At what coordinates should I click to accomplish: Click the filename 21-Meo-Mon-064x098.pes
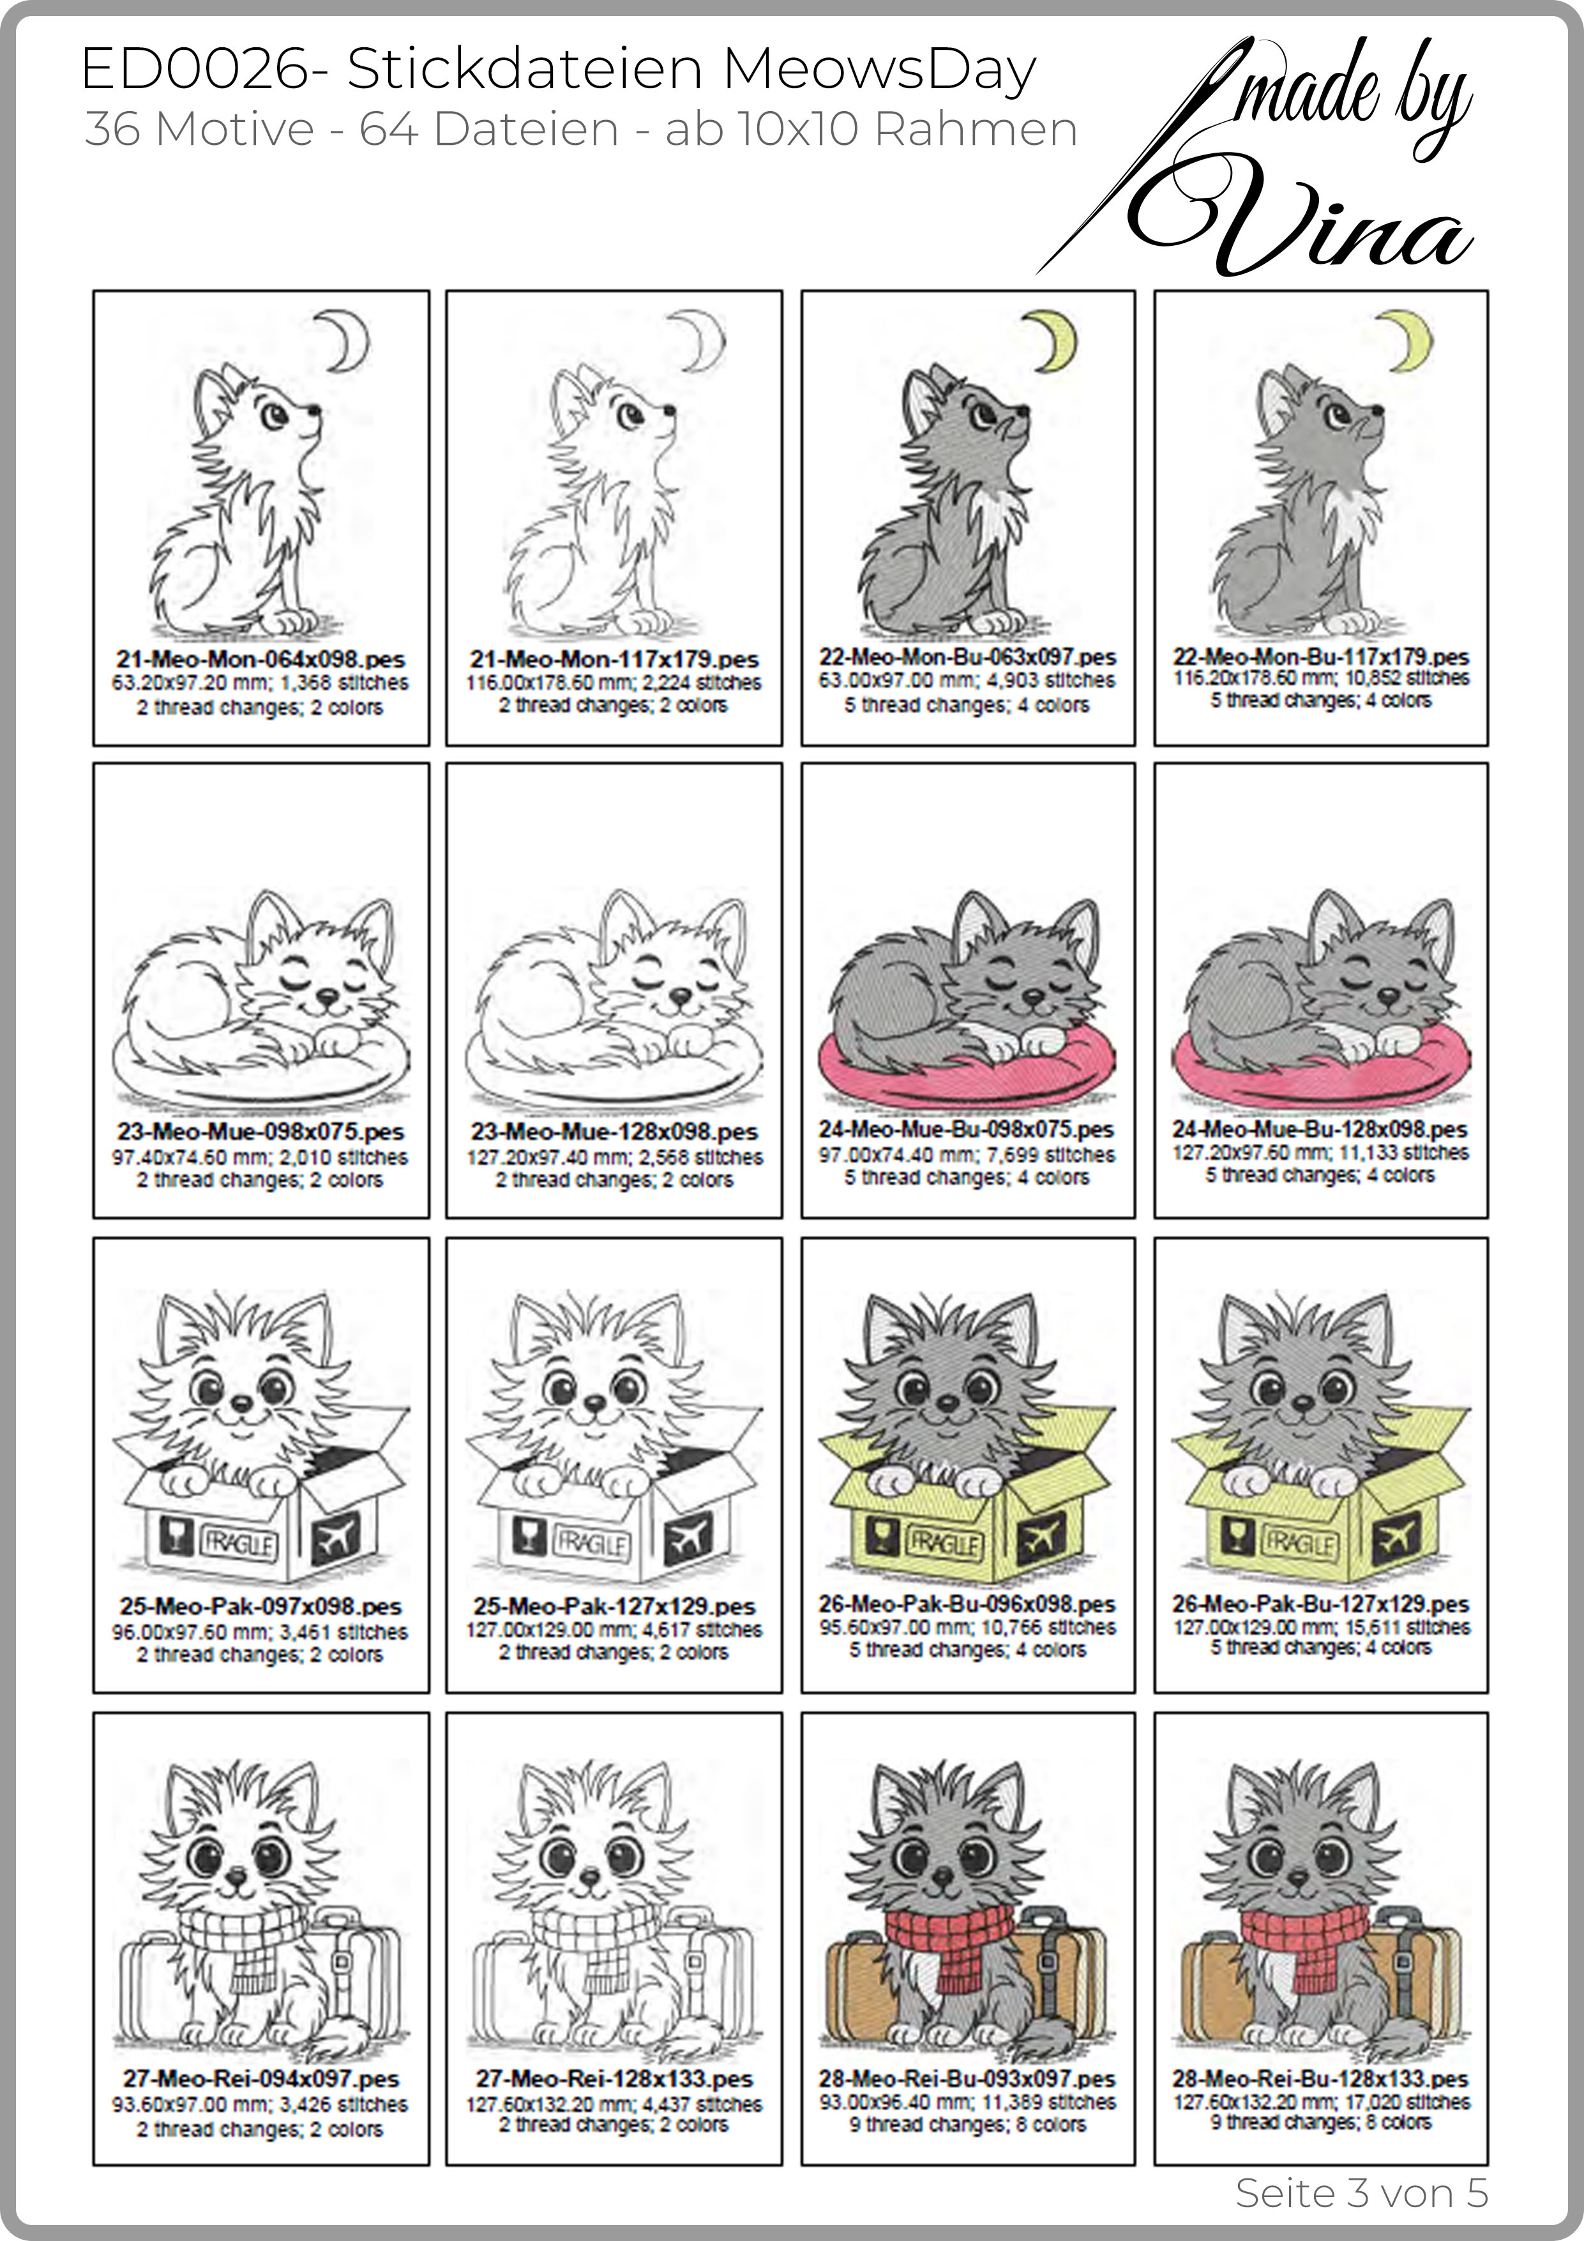tap(260, 659)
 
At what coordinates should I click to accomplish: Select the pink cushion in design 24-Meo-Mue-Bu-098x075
tap(966, 1065)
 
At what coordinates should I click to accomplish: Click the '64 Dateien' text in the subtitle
tap(489, 130)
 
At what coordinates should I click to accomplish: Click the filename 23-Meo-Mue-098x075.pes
tap(260, 1132)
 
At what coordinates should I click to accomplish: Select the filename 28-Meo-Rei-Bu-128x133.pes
tap(1320, 2078)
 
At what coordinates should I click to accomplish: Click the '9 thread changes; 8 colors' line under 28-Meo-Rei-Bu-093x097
tap(967, 2125)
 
